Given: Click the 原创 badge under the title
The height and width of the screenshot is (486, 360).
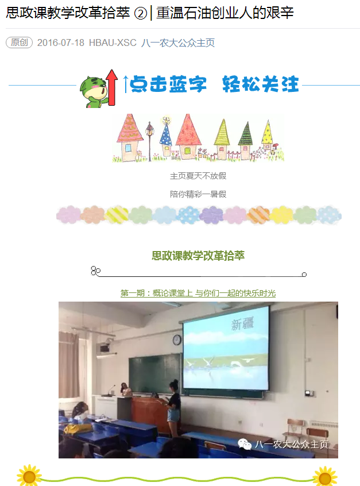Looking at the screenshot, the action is [19, 43].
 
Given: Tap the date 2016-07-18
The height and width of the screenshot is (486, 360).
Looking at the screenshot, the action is [61, 43].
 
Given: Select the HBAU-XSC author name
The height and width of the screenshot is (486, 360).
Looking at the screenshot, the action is [113, 43].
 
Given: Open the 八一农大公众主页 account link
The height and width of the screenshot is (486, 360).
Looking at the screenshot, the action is [178, 43].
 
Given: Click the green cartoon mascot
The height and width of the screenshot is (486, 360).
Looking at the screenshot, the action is [93, 92].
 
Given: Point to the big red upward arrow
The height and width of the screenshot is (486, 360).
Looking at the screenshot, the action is [111, 87].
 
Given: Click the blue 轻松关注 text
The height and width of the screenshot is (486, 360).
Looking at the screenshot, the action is [261, 84].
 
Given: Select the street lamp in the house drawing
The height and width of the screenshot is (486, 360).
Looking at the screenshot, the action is [150, 140].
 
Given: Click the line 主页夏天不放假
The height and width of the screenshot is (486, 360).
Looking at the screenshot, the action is [198, 176].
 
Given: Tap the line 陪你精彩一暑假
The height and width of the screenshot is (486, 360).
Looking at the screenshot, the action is [198, 194].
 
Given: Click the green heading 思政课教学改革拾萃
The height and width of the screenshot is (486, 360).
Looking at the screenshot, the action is [198, 256].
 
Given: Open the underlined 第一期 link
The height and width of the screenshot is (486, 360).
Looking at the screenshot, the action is [198, 293].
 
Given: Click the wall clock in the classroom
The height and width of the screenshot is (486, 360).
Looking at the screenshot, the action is [177, 340].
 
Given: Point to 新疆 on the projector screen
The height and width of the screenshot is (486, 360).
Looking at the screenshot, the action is [242, 324].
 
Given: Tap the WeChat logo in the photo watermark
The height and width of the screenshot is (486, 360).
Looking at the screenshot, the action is [245, 444].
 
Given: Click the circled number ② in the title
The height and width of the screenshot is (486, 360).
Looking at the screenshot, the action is [140, 14].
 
